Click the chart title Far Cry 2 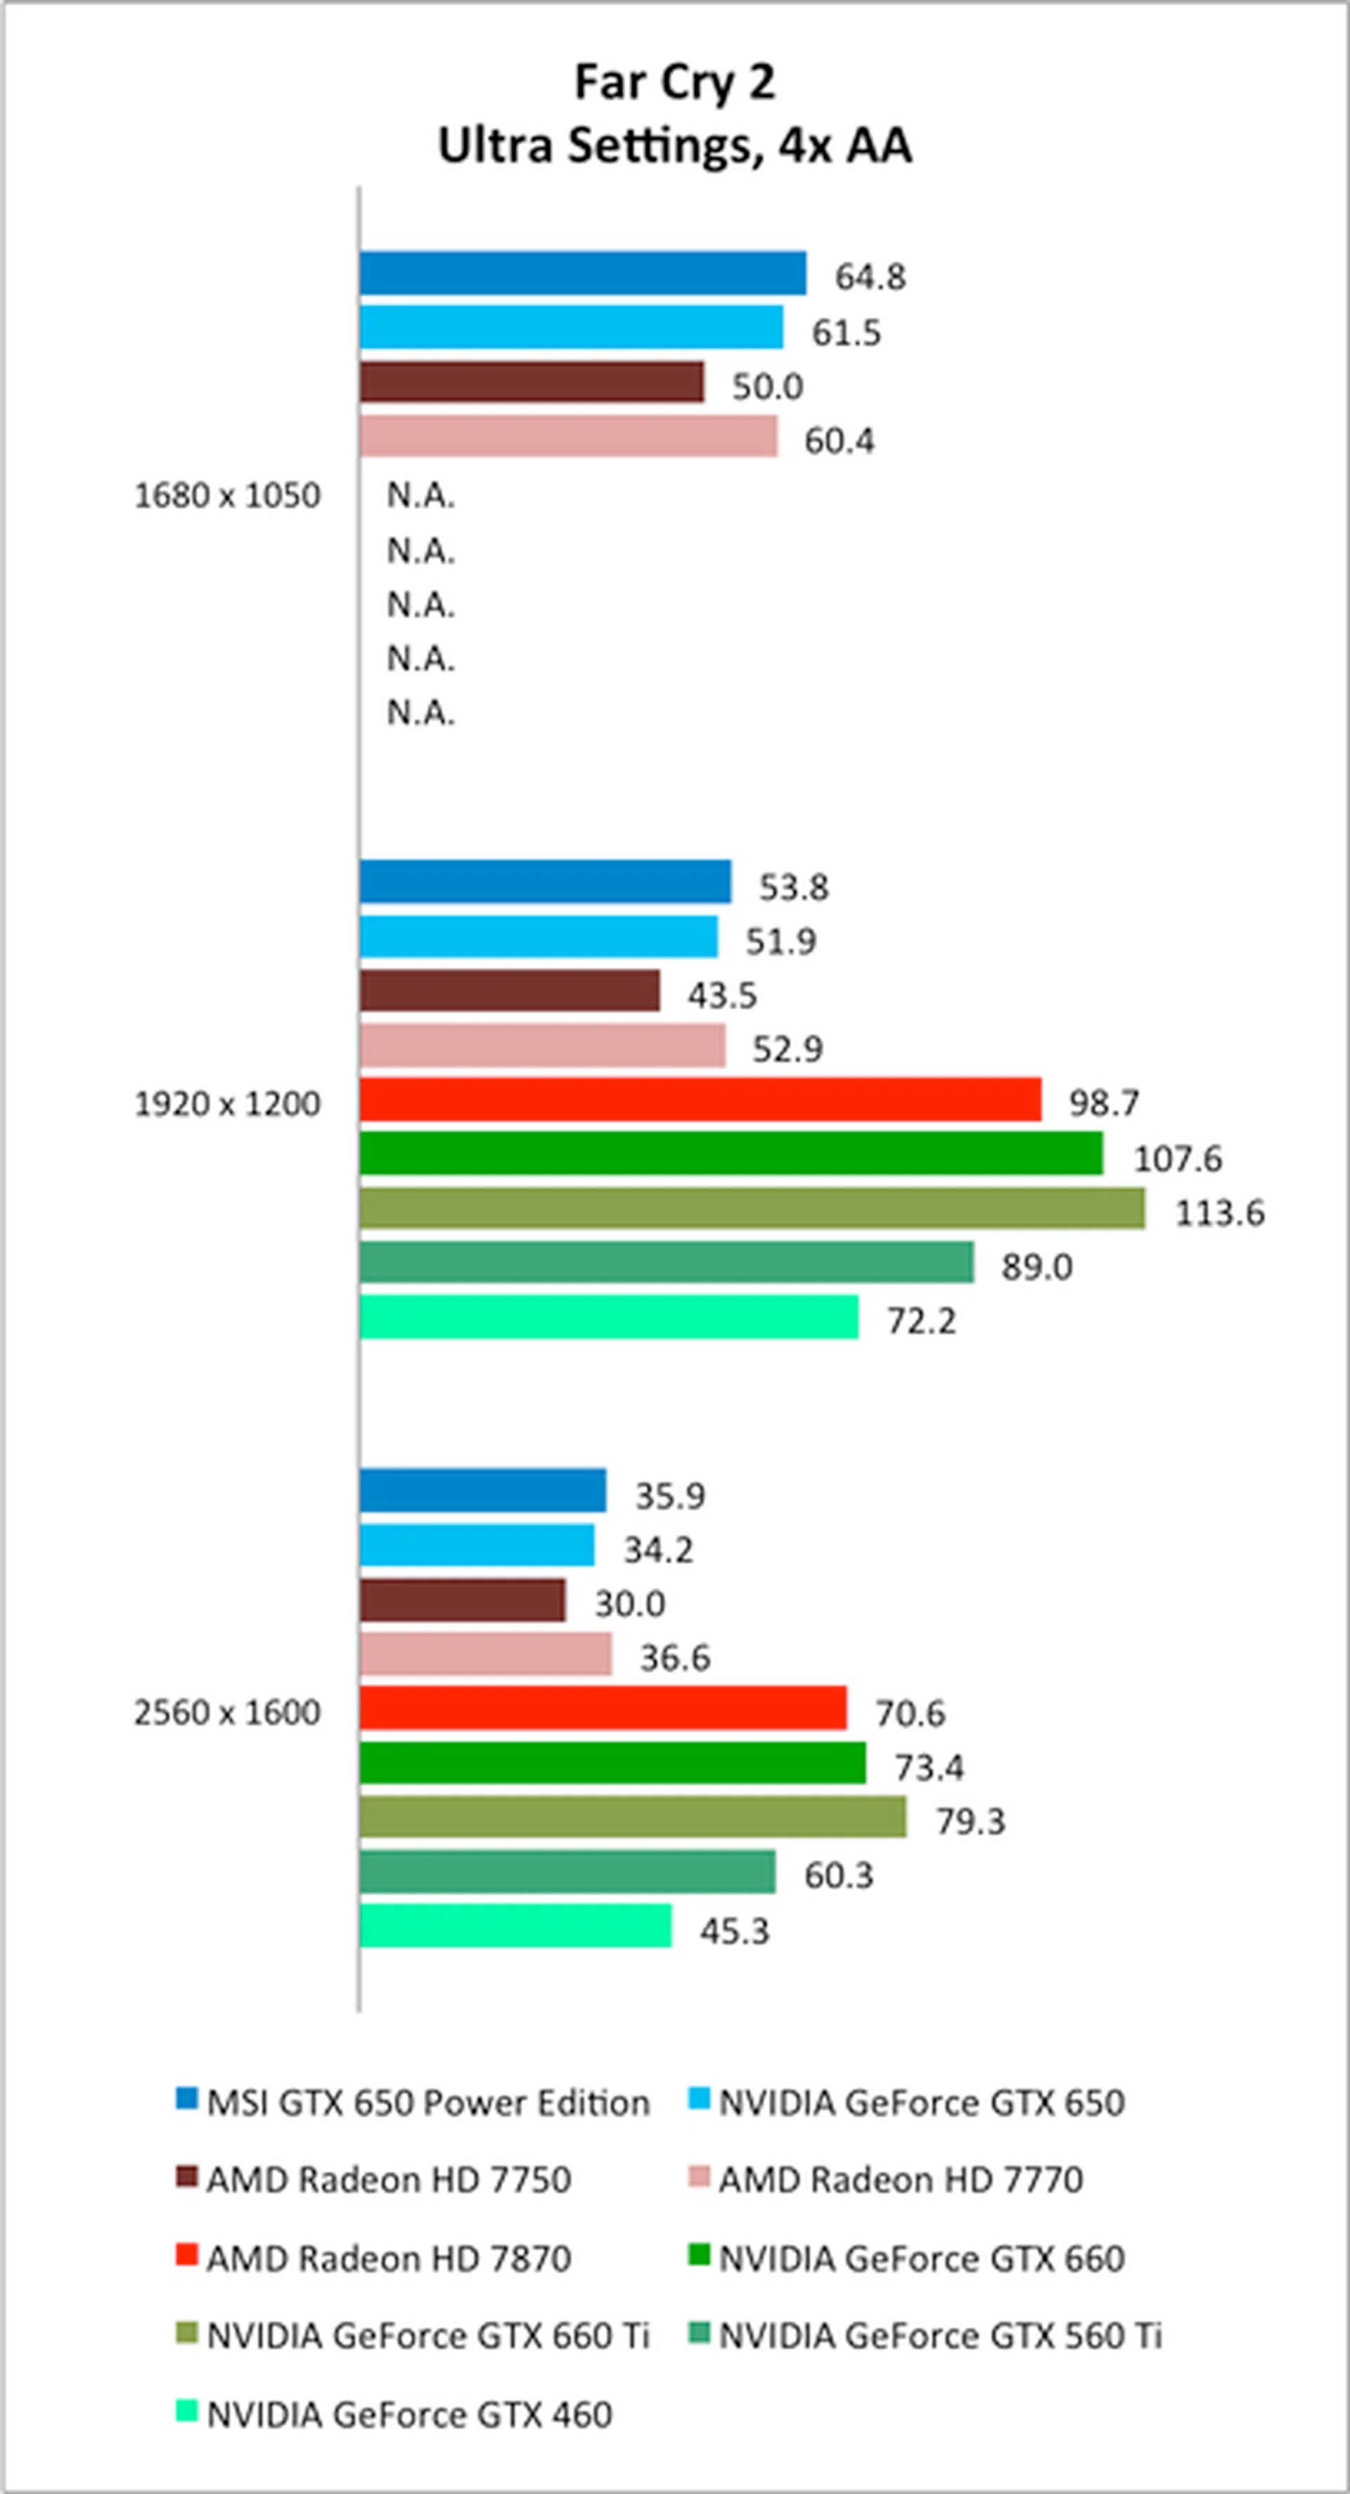coord(675,82)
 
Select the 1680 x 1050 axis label coord(226,496)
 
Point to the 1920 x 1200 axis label coord(226,1104)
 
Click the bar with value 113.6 coord(752,1208)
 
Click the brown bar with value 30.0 coord(462,1600)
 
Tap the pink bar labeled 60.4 coord(567,436)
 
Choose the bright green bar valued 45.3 coord(515,1926)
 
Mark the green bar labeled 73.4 coord(612,1763)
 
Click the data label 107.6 coord(1178,1158)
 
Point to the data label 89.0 coord(1036,1266)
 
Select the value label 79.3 coord(970,1821)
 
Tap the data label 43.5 coord(722,995)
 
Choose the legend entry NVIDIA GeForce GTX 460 coord(409,2415)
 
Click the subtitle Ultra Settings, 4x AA coord(675,146)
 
